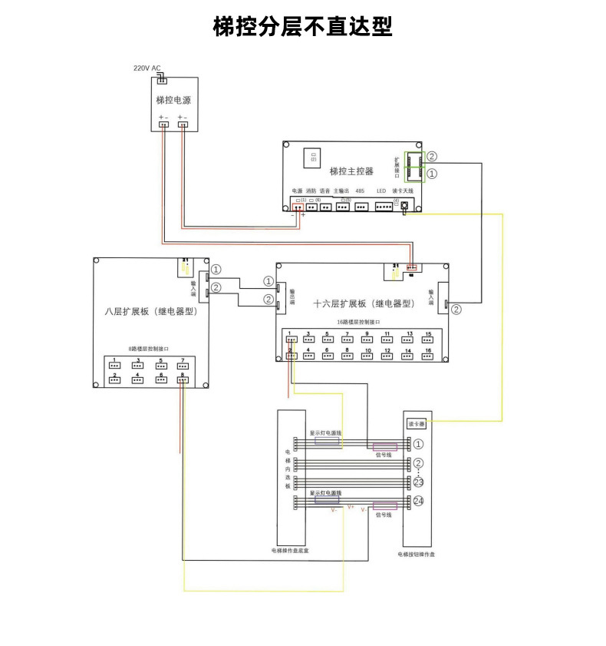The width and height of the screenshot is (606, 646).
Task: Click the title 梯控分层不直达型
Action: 302,28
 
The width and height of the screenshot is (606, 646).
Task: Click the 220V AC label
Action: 147,68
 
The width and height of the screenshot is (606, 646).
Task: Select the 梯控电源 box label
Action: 173,101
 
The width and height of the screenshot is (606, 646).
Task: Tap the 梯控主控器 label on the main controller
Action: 351,171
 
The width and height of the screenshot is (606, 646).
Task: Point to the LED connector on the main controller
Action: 382,206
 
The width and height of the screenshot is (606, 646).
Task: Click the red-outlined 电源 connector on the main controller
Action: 297,206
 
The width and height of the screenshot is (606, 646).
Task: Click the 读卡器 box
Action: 417,422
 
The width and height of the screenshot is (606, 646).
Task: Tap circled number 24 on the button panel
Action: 418,501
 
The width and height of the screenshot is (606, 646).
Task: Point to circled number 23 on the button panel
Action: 418,482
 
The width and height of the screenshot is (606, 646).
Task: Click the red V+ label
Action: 351,507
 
